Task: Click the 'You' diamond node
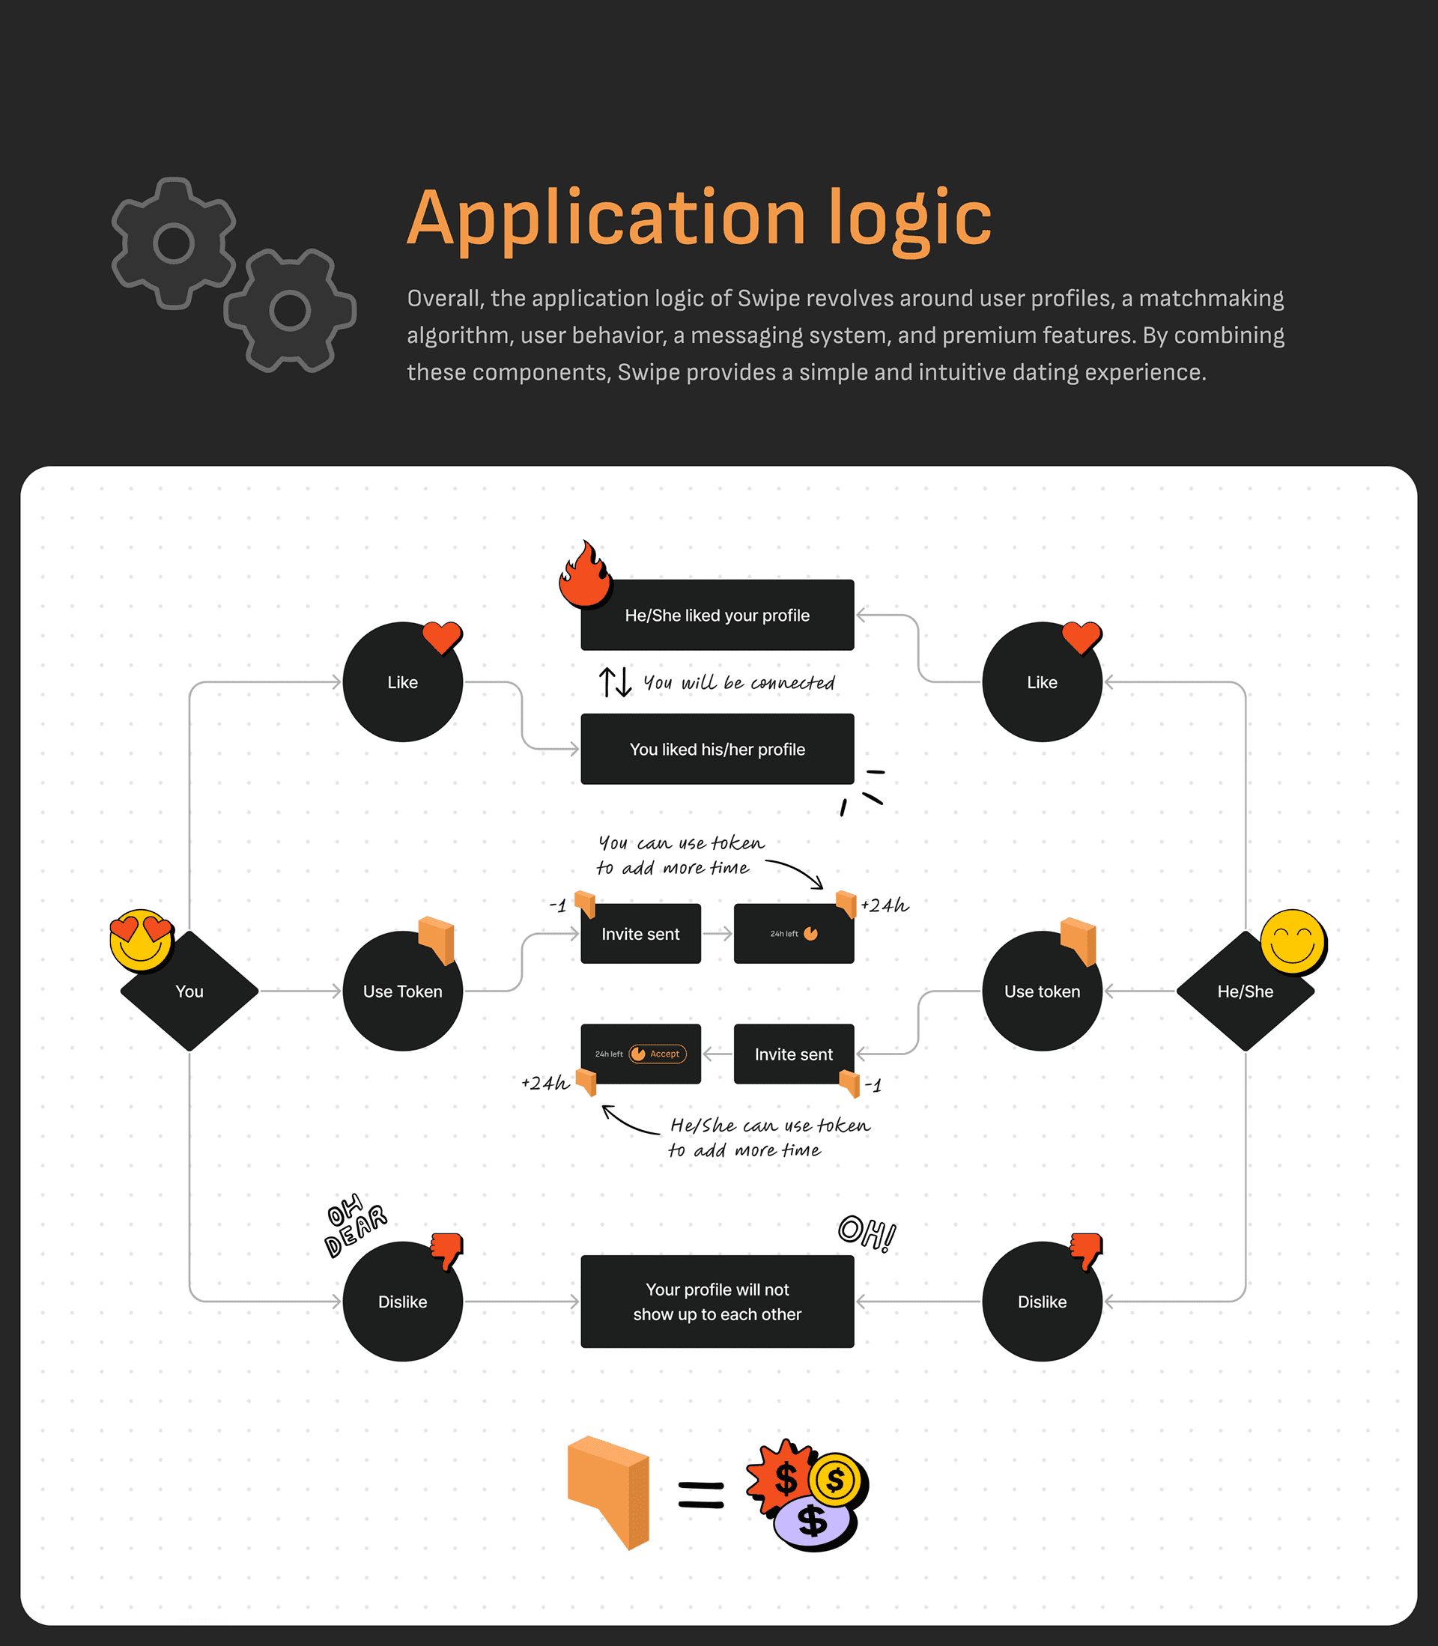pos(189,991)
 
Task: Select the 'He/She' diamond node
pos(1245,991)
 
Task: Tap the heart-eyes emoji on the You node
pos(142,939)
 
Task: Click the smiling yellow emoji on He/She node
pos(1292,941)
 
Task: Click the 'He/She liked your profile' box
pos(718,616)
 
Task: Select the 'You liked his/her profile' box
pos(718,749)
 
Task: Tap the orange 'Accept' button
pos(658,1054)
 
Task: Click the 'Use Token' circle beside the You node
pos(402,991)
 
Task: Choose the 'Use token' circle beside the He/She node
pos(1042,991)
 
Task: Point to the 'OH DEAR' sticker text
pos(355,1224)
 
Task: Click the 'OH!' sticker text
pos(867,1232)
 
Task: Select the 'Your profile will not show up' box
pos(718,1301)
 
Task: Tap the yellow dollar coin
pos(834,1479)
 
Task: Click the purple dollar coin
pos(812,1522)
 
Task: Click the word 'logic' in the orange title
pos(910,218)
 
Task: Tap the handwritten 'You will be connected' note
pos(738,683)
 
